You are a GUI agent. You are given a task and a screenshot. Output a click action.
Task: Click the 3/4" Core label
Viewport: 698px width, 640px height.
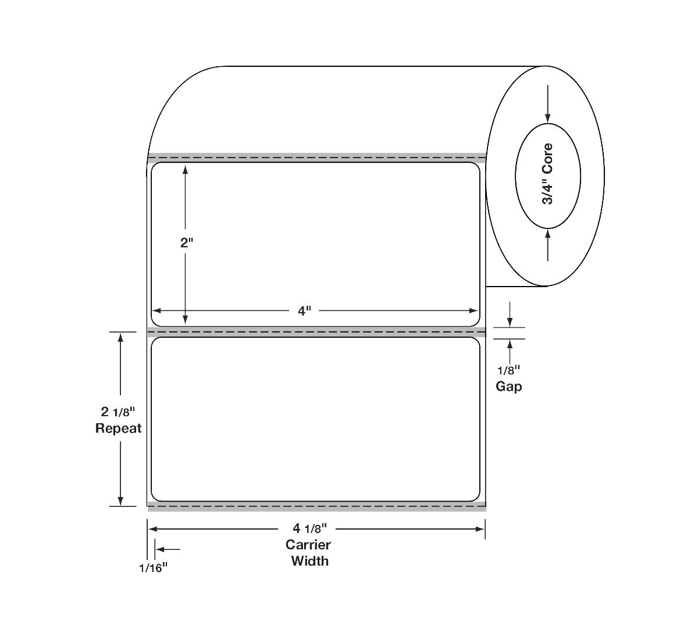pos(548,174)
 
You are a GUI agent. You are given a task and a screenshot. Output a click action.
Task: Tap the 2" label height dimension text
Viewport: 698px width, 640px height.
pos(187,243)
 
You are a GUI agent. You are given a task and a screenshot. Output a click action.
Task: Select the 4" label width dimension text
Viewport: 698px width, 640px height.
pos(304,311)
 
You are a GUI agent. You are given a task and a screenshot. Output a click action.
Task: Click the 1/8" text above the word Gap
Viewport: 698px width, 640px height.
pos(509,370)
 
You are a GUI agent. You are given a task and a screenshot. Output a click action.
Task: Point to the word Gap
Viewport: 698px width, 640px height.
pos(509,387)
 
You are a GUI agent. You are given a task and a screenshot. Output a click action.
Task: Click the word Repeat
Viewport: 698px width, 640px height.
pos(118,428)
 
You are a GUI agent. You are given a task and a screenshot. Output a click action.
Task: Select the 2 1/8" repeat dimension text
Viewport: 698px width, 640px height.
pos(117,412)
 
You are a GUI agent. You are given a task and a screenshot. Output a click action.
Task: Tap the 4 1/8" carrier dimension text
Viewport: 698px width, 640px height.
pos(309,529)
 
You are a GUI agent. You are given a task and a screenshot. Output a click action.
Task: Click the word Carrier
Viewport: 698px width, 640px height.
pos(308,545)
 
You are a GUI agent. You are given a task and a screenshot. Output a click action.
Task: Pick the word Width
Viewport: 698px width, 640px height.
pos(309,561)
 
